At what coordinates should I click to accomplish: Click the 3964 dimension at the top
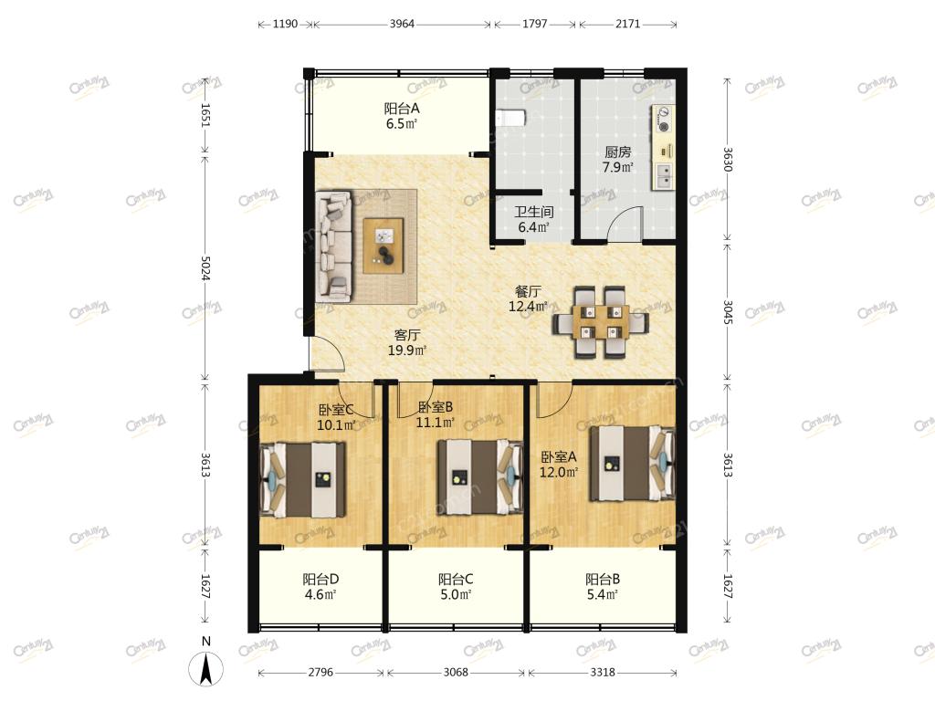(402, 24)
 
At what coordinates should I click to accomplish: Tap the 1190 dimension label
(285, 24)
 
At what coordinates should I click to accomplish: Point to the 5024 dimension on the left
(205, 268)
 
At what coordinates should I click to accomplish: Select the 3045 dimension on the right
(728, 312)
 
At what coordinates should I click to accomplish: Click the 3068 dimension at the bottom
(456, 673)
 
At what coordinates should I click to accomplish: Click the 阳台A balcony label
(402, 109)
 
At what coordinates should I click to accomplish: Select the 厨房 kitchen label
(618, 152)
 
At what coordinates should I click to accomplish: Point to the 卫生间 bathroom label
(533, 212)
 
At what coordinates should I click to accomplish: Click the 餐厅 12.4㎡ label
(528, 299)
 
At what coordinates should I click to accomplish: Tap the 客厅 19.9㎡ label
(406, 343)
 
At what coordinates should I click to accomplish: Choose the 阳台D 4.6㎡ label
(320, 587)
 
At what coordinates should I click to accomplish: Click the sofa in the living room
(334, 245)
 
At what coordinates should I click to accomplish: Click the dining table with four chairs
(601, 322)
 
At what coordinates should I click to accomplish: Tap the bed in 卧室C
(302, 480)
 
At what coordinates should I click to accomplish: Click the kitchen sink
(664, 176)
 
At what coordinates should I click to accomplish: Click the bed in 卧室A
(632, 463)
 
